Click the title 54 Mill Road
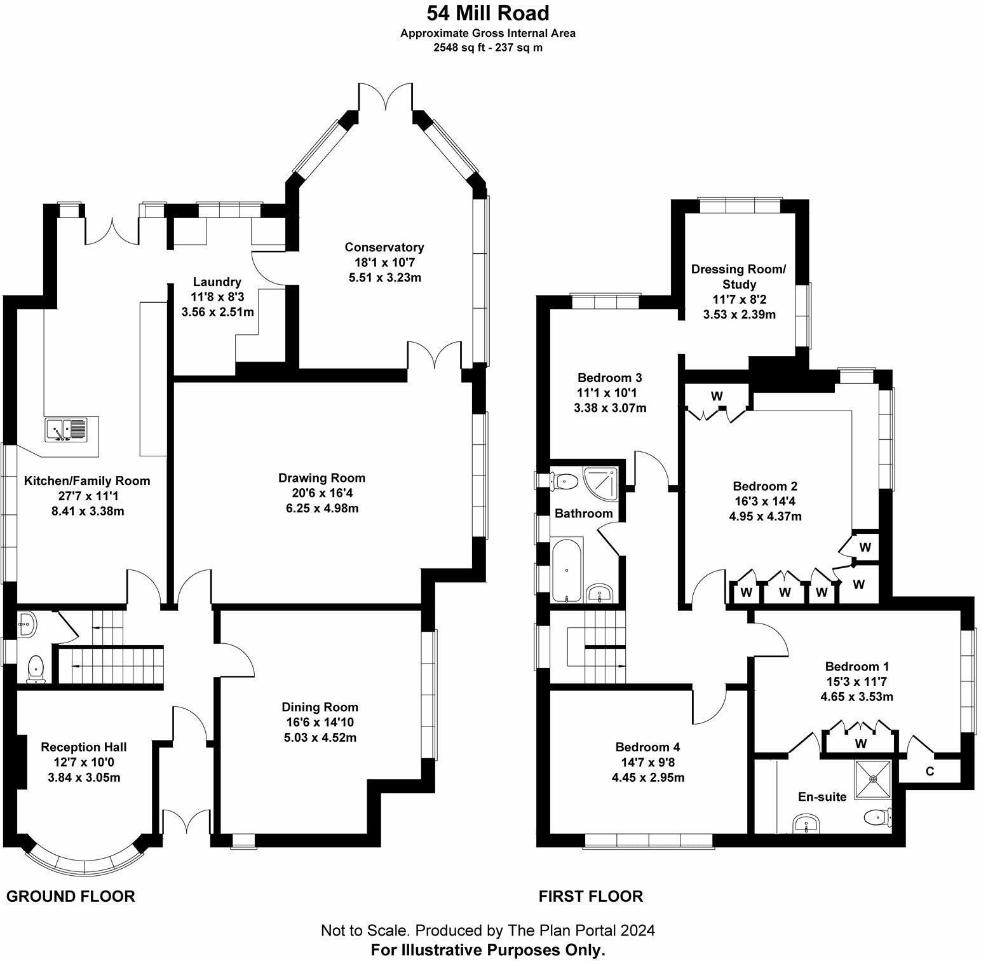487,13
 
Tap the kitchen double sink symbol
66,430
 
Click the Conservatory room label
384,247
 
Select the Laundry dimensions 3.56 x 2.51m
217,312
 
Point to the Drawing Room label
321,478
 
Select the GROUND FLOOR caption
71,896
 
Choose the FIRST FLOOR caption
590,896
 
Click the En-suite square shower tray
873,778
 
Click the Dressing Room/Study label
739,276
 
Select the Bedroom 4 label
647,747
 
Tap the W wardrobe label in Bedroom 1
861,743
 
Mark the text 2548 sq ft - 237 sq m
487,48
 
